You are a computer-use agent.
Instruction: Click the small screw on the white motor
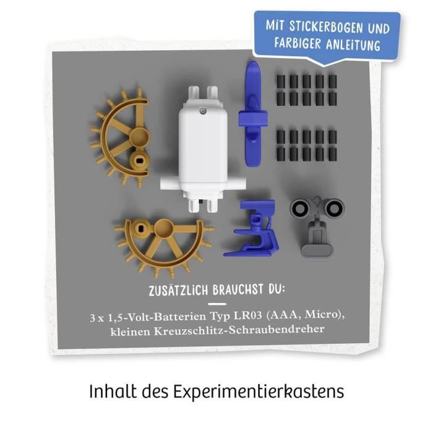[x=200, y=111]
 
